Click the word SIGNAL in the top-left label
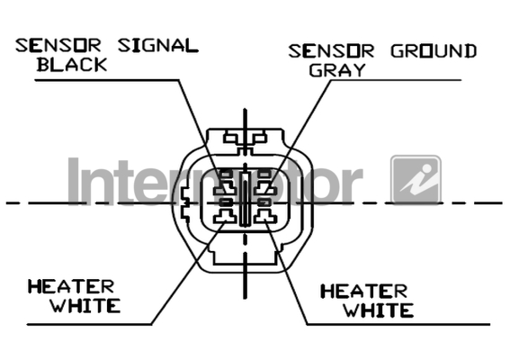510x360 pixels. [158, 46]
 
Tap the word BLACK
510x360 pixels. [72, 65]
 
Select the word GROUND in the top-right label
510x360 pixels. [434, 51]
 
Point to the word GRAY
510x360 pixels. [337, 70]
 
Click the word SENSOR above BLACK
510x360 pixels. [58, 46]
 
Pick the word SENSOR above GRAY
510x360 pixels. [331, 51]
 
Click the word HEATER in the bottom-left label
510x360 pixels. [71, 287]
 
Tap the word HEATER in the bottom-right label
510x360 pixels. [364, 292]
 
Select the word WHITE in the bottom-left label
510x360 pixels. [85, 306]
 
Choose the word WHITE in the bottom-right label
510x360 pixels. [379, 310]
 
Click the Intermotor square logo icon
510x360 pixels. [416, 180]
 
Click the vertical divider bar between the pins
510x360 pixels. [245, 199]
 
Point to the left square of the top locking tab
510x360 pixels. [230, 139]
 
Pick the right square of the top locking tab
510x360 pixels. [260, 139]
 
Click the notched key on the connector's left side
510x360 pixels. [184, 203]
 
